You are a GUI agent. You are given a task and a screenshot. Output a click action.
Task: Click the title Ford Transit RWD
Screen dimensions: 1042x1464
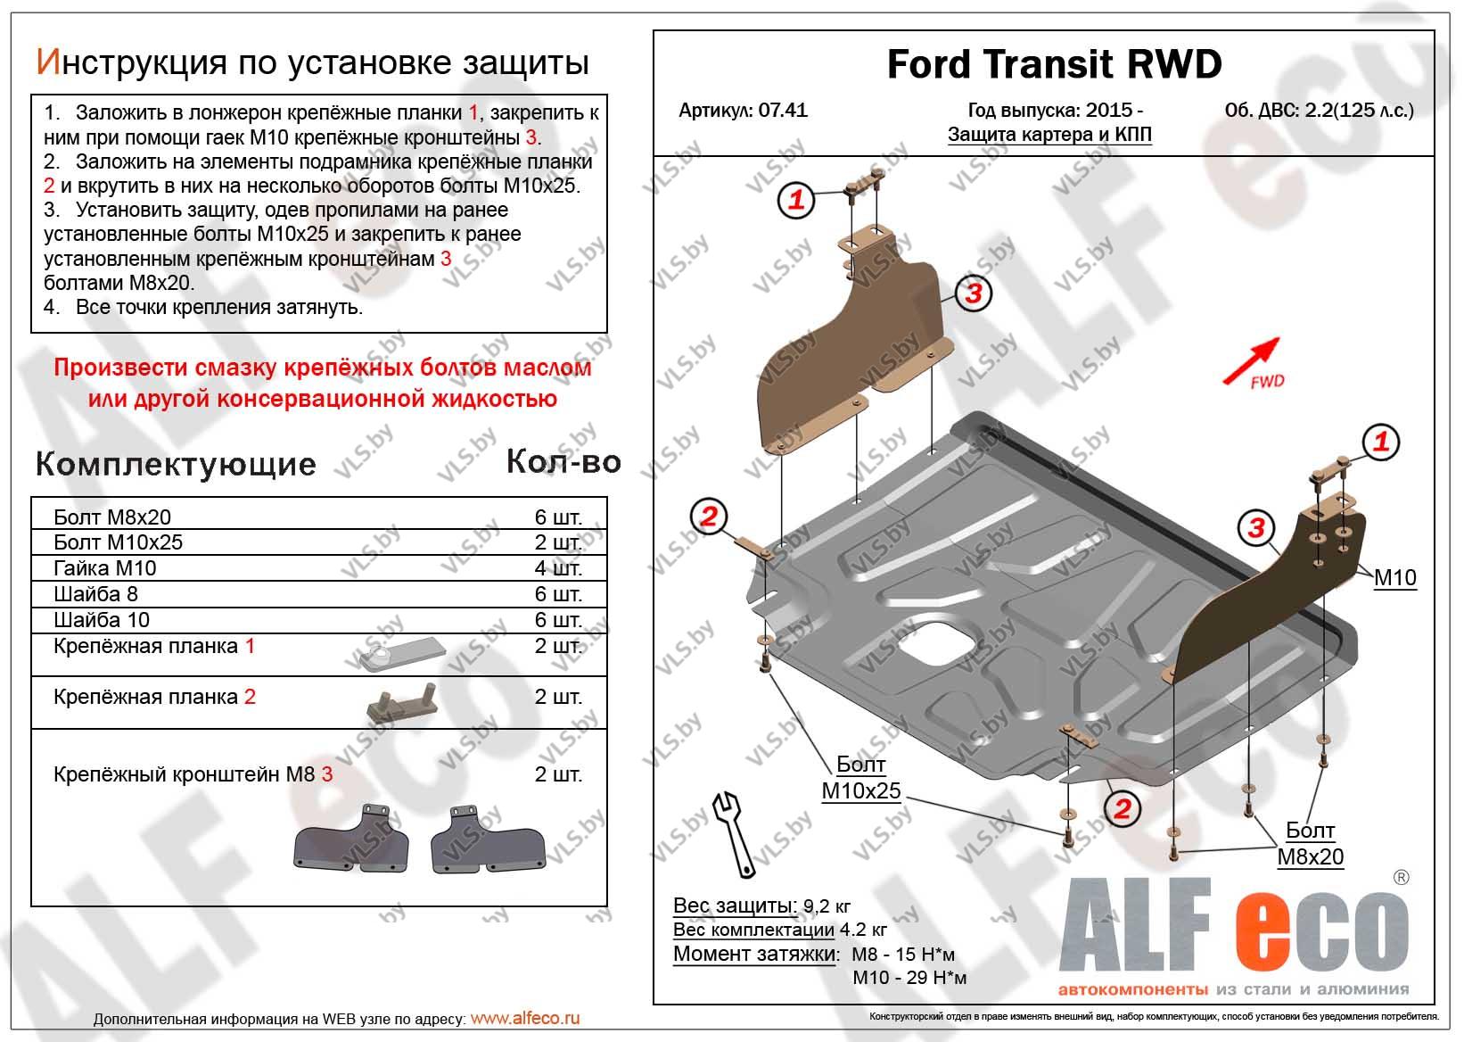point(1054,64)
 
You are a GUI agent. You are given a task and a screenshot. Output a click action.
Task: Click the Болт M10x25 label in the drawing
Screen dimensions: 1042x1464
point(860,778)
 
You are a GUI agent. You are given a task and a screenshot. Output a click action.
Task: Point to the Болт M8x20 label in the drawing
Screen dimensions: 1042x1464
point(1310,844)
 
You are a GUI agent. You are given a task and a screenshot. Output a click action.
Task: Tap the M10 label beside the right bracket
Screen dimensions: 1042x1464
point(1394,578)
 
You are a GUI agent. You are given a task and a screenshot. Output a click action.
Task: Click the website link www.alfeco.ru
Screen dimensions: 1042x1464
point(524,1018)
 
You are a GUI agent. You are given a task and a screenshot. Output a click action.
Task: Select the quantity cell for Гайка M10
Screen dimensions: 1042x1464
point(558,568)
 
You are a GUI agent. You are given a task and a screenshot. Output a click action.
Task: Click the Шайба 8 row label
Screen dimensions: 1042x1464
point(95,594)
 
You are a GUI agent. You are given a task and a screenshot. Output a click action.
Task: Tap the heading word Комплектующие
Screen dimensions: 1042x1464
point(176,464)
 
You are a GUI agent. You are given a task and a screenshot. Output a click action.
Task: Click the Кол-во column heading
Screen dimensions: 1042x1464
point(563,461)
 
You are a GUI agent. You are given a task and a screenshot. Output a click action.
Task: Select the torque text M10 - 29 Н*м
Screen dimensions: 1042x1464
point(909,978)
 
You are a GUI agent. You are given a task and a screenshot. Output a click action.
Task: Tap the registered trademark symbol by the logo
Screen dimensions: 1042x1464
point(1401,878)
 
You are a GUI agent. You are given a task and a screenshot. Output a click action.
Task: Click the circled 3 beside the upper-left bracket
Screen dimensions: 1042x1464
point(973,293)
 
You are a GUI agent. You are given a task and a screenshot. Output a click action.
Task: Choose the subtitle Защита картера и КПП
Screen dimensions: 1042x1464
point(1049,135)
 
